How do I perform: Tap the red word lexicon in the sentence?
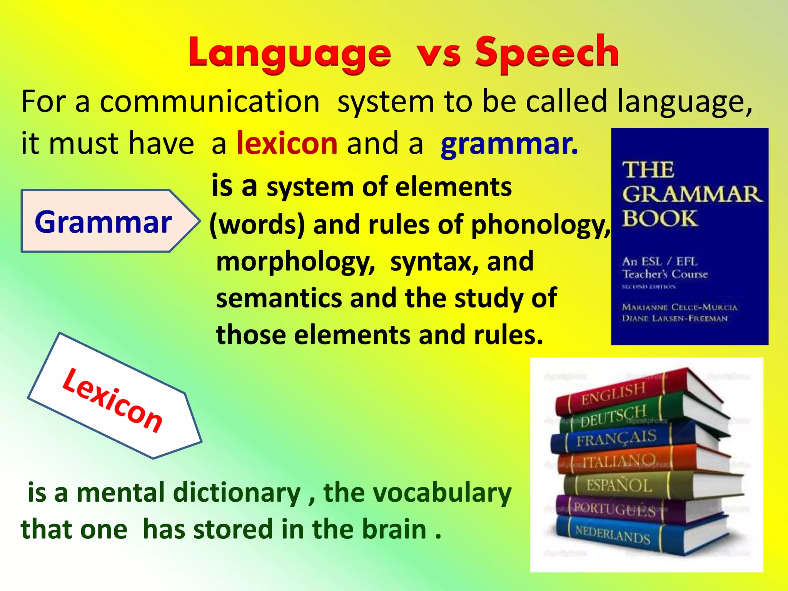[x=287, y=143]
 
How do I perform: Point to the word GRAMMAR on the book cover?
[x=691, y=194]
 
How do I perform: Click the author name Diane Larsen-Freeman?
[x=675, y=319]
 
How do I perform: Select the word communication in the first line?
[x=210, y=102]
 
